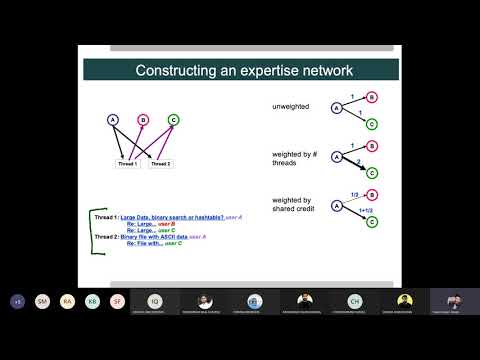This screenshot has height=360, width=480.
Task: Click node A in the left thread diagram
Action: [x=113, y=121]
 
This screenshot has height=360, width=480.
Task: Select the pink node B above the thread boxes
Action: [x=143, y=121]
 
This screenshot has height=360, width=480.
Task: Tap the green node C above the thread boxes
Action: [x=173, y=121]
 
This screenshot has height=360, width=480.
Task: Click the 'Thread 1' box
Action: [x=127, y=162]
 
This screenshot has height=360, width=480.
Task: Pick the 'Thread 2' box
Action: [x=160, y=162]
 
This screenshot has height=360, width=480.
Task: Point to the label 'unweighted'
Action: [x=291, y=106]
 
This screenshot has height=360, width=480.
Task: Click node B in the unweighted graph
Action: [x=372, y=97]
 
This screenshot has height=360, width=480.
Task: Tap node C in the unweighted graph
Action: [x=372, y=124]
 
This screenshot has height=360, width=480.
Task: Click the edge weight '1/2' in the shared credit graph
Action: [x=355, y=195]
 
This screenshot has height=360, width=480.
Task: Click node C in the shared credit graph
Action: [x=372, y=222]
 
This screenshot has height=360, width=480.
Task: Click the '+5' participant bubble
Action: [x=17, y=300]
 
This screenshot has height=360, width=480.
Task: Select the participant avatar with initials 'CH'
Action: [x=354, y=300]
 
